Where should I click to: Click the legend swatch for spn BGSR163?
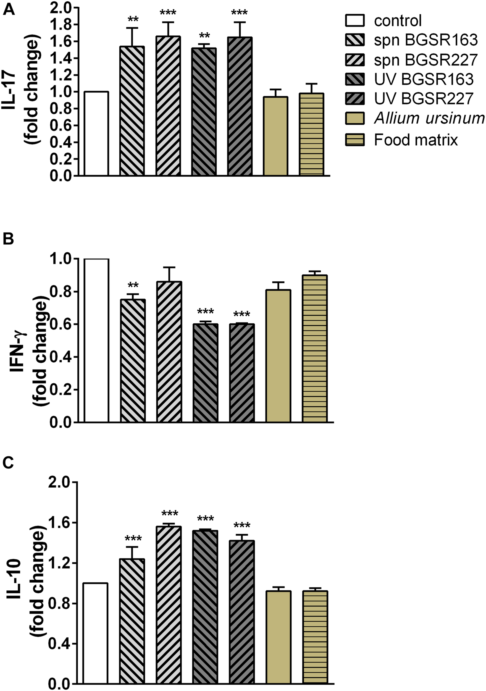point(355,40)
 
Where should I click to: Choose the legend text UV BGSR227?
point(424,98)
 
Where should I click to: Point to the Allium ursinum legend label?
point(429,119)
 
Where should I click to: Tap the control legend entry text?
point(398,21)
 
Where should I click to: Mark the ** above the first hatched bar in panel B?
point(133,285)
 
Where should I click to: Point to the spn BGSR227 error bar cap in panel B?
point(169,267)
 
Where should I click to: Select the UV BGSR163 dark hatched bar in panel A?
point(204,111)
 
